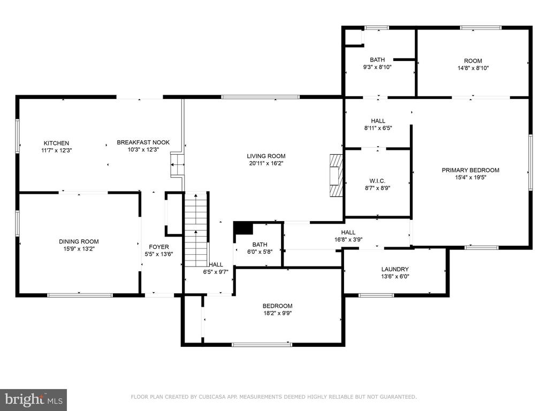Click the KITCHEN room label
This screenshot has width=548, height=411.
coord(56,143)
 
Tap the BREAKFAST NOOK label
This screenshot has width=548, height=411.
coord(143,142)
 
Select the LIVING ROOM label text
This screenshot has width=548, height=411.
coord(266,156)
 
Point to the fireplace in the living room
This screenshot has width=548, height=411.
coord(336,175)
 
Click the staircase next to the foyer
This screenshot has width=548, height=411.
coord(196,230)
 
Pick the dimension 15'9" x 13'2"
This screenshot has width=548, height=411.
coord(79,249)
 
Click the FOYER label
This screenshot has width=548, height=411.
coord(158,247)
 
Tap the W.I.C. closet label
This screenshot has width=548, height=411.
coord(377,181)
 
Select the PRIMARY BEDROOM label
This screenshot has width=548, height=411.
coord(470,170)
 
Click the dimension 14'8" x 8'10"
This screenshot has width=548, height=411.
coord(473,68)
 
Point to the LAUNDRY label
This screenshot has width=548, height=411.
coord(395,269)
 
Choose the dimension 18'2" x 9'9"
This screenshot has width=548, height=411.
coord(278,313)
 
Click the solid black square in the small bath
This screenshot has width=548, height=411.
coord(243,228)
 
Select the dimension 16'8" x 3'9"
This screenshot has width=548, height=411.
coord(348,240)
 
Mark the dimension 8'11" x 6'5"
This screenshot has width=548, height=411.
coord(378,128)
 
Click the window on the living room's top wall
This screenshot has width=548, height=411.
coord(261,97)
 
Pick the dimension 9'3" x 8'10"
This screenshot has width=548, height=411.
coord(377,67)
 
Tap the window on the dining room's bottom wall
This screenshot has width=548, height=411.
coord(80,295)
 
